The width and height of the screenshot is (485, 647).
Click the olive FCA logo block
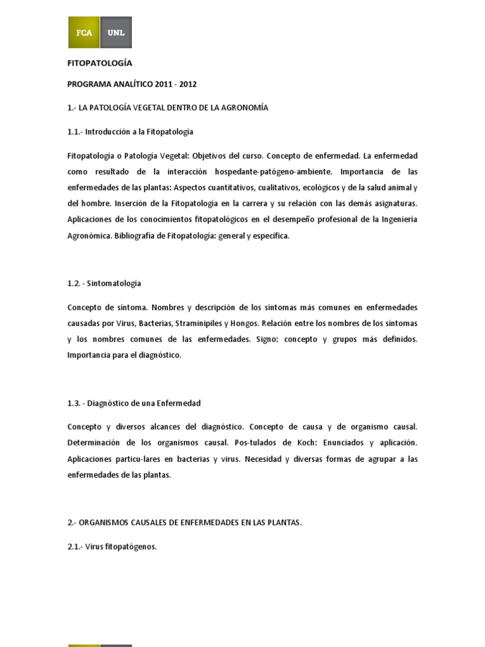(83, 33)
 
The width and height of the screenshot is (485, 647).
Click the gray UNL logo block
(116, 33)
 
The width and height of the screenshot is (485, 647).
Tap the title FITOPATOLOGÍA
(100, 63)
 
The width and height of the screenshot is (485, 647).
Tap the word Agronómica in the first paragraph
(89, 235)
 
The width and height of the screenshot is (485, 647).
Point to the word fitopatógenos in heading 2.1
(132, 547)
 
